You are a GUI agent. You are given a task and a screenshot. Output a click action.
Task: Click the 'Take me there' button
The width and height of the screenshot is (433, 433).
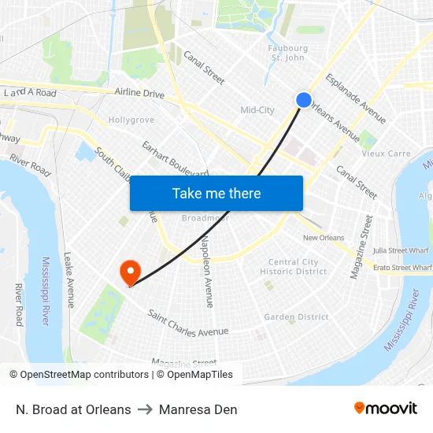(216, 193)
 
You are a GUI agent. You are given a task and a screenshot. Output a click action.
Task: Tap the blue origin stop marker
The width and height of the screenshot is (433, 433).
(304, 99)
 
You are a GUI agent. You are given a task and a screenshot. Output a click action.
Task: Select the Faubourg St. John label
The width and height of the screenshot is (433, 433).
(287, 52)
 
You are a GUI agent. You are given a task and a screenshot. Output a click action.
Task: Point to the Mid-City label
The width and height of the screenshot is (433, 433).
(257, 110)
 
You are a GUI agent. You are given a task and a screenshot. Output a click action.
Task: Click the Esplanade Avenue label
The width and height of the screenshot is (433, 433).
(356, 98)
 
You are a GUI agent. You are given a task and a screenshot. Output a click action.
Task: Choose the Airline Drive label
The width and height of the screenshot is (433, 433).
(139, 94)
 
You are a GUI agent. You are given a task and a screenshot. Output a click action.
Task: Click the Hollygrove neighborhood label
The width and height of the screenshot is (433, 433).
(131, 120)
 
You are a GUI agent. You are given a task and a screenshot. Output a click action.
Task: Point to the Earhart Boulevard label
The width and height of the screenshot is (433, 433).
(175, 158)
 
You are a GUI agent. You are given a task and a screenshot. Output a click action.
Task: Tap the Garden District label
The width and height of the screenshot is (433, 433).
(296, 316)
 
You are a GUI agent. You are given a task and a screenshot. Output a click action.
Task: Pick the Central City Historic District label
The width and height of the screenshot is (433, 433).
(294, 267)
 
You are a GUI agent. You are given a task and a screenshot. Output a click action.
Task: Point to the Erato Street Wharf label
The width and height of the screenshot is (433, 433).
(402, 268)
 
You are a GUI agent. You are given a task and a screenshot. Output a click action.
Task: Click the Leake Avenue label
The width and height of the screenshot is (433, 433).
(69, 280)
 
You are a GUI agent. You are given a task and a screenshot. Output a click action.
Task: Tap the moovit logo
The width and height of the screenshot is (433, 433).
(386, 408)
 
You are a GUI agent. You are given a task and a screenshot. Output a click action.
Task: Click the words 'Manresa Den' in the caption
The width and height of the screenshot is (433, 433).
(198, 409)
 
